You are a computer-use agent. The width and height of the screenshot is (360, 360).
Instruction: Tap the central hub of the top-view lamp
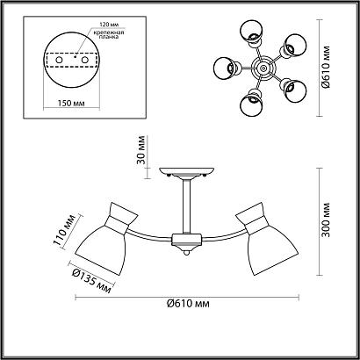[x=263, y=67]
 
